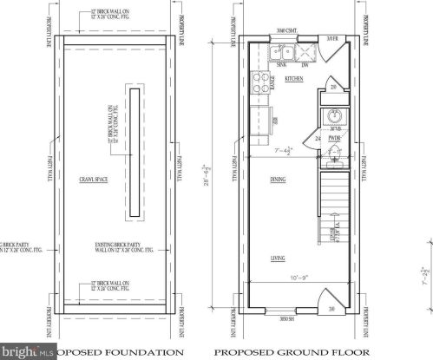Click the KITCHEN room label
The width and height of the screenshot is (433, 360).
tap(294, 79)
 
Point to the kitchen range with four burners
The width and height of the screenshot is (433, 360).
tap(259, 84)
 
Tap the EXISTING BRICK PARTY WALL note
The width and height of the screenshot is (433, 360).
tap(115, 252)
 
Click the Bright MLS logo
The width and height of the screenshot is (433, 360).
tap(26, 350)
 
